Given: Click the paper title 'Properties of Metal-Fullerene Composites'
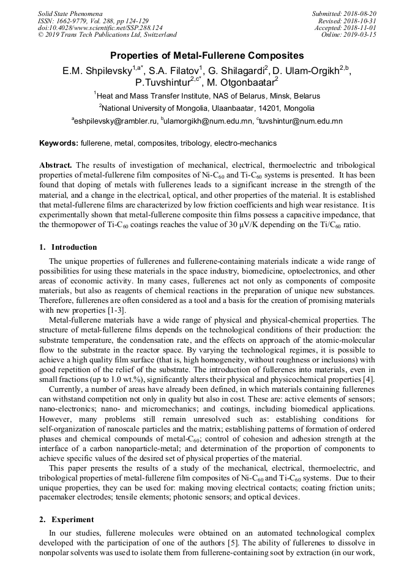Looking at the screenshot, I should pyautogui.click(x=207, y=56).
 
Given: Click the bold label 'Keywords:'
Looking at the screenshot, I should pyautogui.click(x=59, y=144).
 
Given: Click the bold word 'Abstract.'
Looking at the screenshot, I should pyautogui.click(x=56, y=165).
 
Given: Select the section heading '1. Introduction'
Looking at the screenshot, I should pyautogui.click(x=68, y=247).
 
